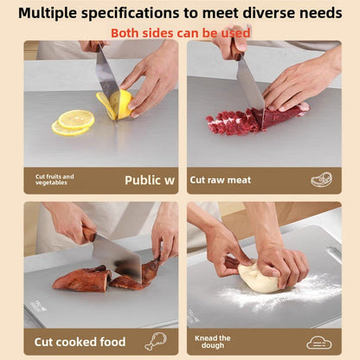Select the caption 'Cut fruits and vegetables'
click(55, 179)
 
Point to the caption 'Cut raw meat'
click(221, 180)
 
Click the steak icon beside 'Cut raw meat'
click(321, 179)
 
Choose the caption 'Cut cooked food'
click(80, 342)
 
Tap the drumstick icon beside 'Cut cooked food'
click(156, 341)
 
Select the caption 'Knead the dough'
click(213, 342)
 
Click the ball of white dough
click(260, 278)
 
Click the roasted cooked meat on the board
click(82, 279)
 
